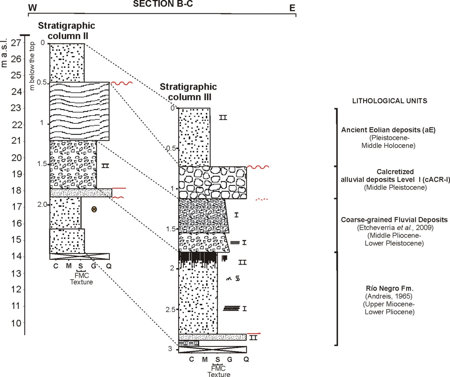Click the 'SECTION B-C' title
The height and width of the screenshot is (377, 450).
point(163,4)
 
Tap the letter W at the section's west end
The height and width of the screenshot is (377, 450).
point(32,8)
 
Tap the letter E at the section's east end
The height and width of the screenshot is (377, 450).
point(292,8)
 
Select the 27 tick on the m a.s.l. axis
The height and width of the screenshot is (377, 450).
point(16,43)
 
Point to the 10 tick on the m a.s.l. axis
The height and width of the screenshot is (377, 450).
point(16,323)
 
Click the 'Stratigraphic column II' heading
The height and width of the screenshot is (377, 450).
point(66,31)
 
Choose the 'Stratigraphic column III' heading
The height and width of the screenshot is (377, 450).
point(188,92)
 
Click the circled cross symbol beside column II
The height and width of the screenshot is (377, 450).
point(94,209)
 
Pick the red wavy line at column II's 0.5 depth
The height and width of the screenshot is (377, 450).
point(122,83)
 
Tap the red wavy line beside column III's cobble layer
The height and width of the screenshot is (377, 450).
point(258,167)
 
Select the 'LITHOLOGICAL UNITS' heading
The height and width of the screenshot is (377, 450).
point(389,101)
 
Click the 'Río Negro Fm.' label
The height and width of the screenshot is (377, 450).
point(389,288)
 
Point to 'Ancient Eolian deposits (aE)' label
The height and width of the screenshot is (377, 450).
point(388,130)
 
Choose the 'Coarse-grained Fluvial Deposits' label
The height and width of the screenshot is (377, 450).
point(394,220)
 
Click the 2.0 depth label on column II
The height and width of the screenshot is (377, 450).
point(42,205)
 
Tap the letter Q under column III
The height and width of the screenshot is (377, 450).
point(246,359)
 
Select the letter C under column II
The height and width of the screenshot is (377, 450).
point(56,266)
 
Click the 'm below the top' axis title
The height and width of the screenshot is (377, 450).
point(32,66)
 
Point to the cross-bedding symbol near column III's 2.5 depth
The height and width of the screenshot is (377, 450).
point(232,308)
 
